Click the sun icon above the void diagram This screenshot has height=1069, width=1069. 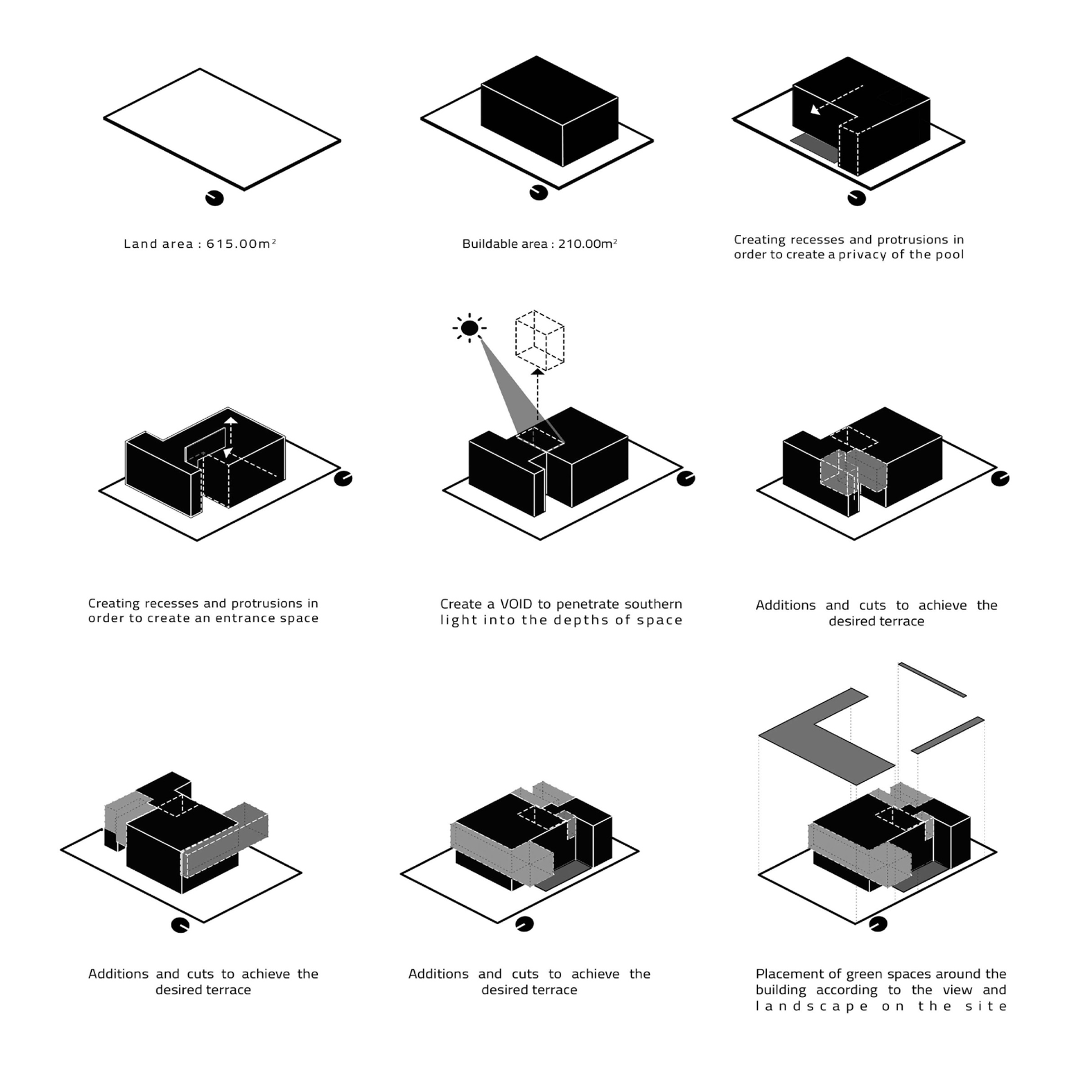pyautogui.click(x=469, y=327)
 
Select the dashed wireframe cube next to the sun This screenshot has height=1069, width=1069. pyautogui.click(x=540, y=340)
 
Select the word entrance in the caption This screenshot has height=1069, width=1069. pyautogui.click(x=242, y=619)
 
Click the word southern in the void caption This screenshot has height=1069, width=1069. pyautogui.click(x=654, y=604)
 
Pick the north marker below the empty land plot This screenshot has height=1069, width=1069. pyautogui.click(x=214, y=198)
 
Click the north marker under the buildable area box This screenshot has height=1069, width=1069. pyautogui.click(x=538, y=193)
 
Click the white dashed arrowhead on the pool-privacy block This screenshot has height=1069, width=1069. pyautogui.click(x=815, y=109)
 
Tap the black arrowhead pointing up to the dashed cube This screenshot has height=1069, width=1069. pyautogui.click(x=537, y=371)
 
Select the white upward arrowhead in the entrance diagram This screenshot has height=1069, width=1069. pyautogui.click(x=231, y=420)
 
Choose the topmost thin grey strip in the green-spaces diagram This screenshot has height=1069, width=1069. pyautogui.click(x=932, y=679)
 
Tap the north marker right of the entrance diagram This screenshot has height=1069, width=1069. pyautogui.click(x=343, y=478)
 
